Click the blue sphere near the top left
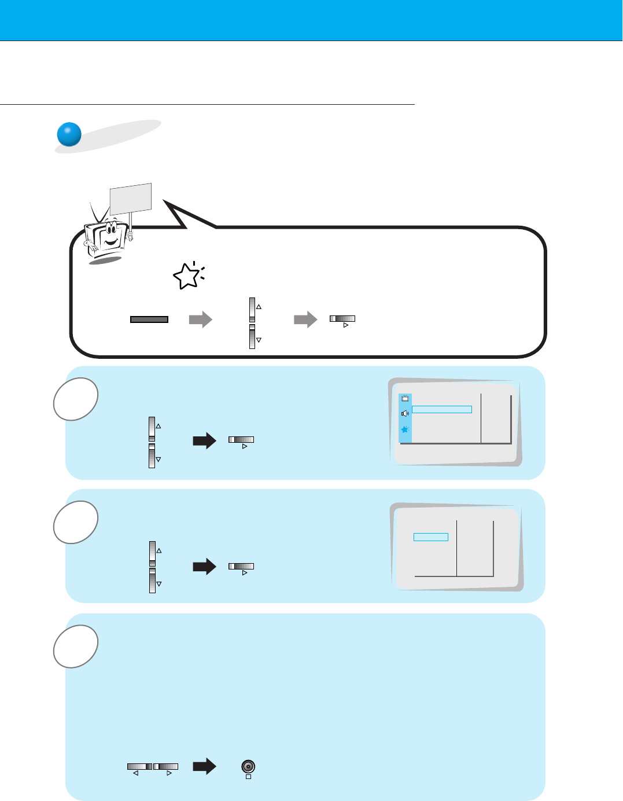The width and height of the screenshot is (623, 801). click(x=69, y=134)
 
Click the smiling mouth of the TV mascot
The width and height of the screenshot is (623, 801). click(x=111, y=240)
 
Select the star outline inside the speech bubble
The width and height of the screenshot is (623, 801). click(x=187, y=277)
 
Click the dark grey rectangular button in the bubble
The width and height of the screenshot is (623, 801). click(x=149, y=319)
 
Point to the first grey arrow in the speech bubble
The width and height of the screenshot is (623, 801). click(x=201, y=319)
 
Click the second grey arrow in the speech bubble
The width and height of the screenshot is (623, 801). click(x=305, y=319)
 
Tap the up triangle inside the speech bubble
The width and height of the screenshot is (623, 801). click(x=259, y=307)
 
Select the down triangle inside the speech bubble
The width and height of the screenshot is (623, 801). click(x=259, y=340)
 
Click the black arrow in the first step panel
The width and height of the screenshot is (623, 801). click(x=204, y=442)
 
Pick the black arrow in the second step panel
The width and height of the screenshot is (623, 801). click(x=204, y=567)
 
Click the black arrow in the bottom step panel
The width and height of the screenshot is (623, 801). click(x=204, y=767)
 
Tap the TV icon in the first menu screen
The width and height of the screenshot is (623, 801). click(x=405, y=398)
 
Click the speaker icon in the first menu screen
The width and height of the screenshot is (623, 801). click(x=405, y=413)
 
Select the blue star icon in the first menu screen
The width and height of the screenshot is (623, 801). click(x=405, y=429)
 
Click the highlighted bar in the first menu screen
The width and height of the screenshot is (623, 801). click(x=442, y=409)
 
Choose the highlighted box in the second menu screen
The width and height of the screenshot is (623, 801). click(x=431, y=537)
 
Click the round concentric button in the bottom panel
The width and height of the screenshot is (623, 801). click(x=248, y=767)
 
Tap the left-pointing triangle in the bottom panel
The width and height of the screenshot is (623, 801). click(x=135, y=773)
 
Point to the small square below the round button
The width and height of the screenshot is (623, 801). click(x=248, y=777)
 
